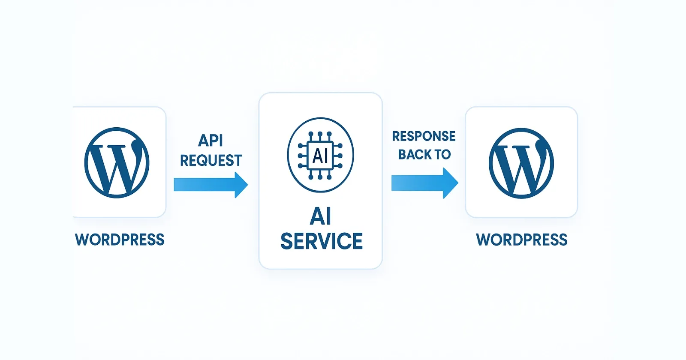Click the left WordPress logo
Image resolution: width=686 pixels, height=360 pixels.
point(117,162)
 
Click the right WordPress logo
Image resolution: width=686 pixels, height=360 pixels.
point(521,163)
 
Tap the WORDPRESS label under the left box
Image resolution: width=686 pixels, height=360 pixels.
point(120,240)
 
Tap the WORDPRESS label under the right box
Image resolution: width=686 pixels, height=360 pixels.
point(521,240)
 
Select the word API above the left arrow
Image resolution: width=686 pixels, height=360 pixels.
point(211,141)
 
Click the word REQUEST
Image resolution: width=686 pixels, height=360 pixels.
point(211,161)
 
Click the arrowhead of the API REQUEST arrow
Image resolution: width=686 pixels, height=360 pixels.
point(241,185)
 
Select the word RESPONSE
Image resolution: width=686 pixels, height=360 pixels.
point(424,136)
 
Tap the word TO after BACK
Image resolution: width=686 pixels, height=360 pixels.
point(442,154)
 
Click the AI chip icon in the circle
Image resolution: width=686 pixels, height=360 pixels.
point(320,155)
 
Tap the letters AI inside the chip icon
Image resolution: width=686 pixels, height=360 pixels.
point(320,156)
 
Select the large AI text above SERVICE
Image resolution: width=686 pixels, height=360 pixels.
point(321,216)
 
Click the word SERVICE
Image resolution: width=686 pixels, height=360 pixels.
point(321,241)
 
